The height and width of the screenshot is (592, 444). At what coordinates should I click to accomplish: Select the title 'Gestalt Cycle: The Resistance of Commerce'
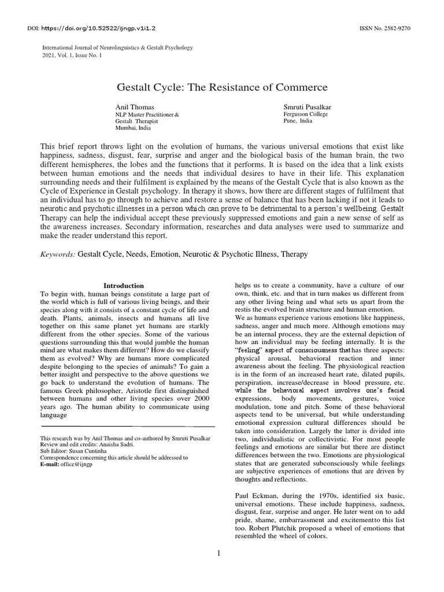coord(222,87)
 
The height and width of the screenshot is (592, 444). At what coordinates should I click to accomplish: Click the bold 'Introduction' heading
coord(124,286)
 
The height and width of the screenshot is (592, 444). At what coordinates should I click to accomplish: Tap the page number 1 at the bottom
coord(219,553)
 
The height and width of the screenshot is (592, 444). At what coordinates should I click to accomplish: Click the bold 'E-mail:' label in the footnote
coord(50,464)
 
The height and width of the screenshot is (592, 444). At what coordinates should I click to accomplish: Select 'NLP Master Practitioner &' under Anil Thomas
coord(147,114)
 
